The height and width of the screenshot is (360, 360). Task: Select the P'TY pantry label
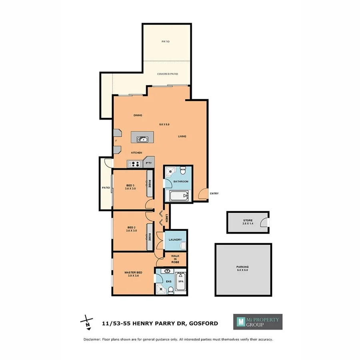pyautogui.click(x=148, y=163)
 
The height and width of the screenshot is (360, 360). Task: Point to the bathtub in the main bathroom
pyautogui.click(x=179, y=196)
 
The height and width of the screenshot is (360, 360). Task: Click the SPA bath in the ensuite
pyautogui.click(x=180, y=281)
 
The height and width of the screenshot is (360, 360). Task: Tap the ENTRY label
pyautogui.click(x=214, y=194)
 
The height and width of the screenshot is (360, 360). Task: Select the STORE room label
pyautogui.click(x=248, y=220)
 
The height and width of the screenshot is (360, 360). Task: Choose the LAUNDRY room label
pyautogui.click(x=175, y=240)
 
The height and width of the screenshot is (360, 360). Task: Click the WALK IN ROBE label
pyautogui.click(x=175, y=259)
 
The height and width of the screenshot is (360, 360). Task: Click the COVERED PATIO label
pyautogui.click(x=168, y=74)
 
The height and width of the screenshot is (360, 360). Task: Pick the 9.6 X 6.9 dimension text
pyautogui.click(x=164, y=124)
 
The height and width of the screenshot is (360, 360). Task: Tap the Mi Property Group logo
pyautogui.click(x=258, y=322)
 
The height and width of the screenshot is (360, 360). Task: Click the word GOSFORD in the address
pyautogui.click(x=204, y=323)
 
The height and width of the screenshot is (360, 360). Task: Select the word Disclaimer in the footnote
pyautogui.click(x=93, y=339)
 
